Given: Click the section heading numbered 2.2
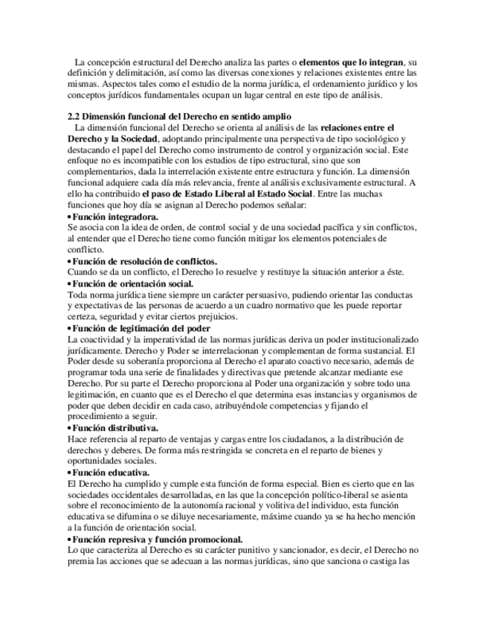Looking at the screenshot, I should coord(179,116).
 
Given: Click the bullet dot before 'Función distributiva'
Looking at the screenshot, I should coord(69,429).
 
